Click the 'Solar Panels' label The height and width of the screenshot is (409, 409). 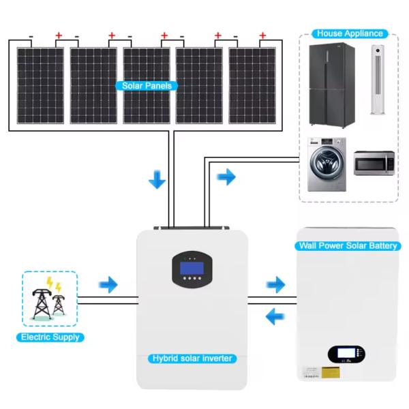pyautogui.click(x=147, y=86)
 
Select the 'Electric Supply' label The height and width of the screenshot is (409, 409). pyautogui.click(x=50, y=337)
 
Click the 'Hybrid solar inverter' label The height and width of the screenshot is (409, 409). pyautogui.click(x=192, y=359)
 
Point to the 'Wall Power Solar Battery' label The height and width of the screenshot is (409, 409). pyautogui.click(x=348, y=245)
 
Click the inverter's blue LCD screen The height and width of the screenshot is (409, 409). pyautogui.click(x=192, y=269)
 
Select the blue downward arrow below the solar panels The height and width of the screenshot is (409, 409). pyautogui.click(x=157, y=180)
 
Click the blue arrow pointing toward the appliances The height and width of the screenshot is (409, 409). pyautogui.click(x=226, y=178)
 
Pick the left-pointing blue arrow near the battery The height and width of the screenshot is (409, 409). pyautogui.click(x=275, y=316)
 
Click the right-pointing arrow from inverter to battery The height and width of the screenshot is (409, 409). pyautogui.click(x=275, y=284)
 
